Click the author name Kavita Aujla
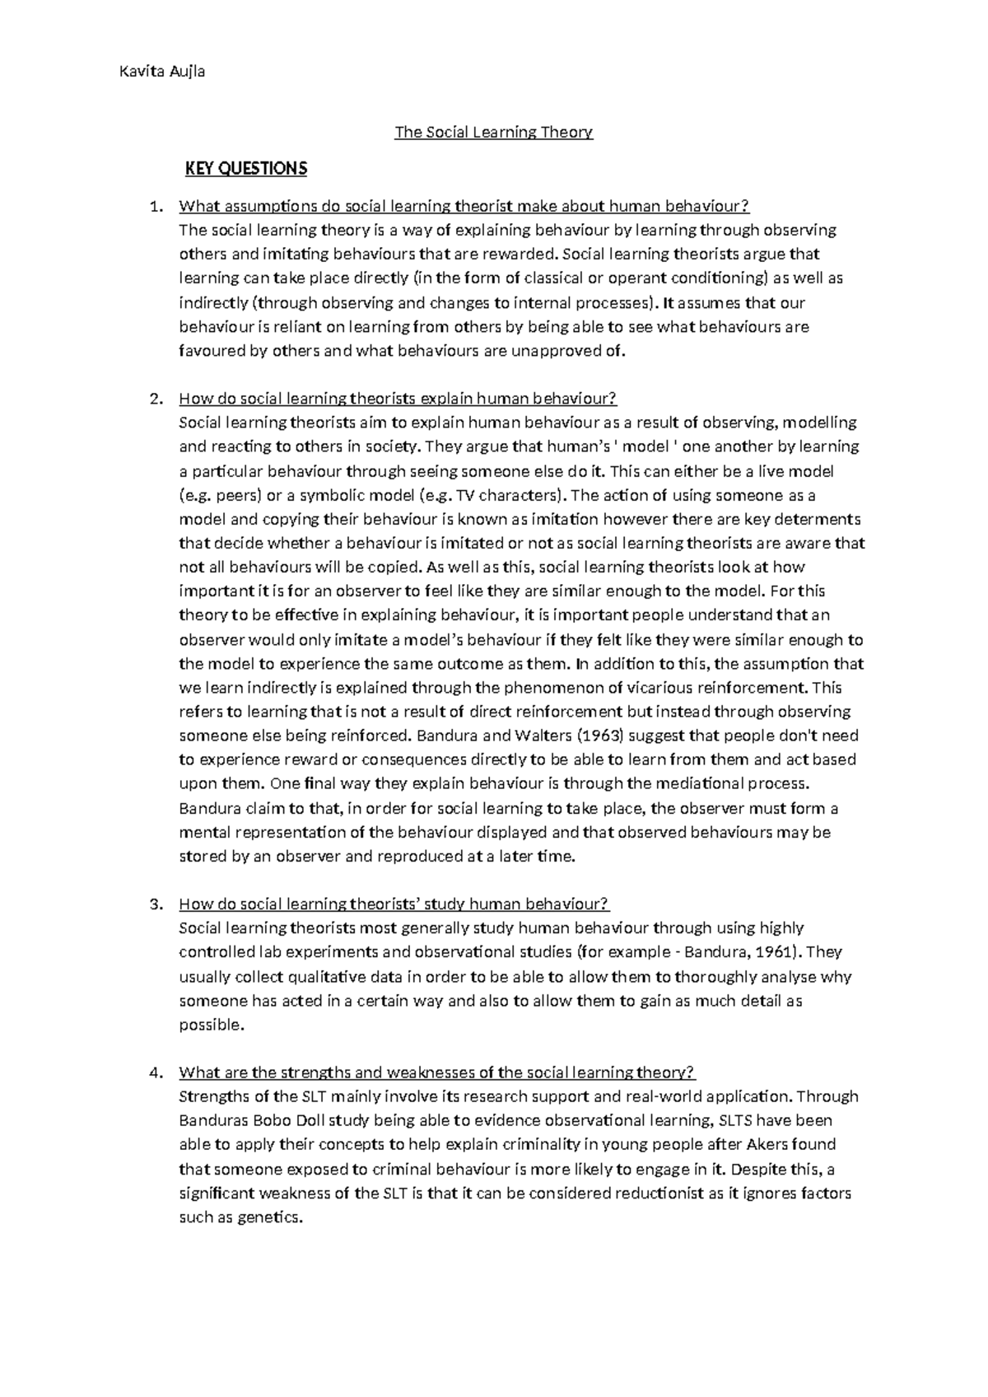pos(162,71)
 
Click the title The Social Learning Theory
pos(493,132)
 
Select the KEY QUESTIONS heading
pos(245,169)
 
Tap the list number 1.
pos(154,206)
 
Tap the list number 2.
pos(154,399)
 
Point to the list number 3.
pos(154,904)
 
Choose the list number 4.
pos(154,1072)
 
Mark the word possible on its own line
pos(211,1025)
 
